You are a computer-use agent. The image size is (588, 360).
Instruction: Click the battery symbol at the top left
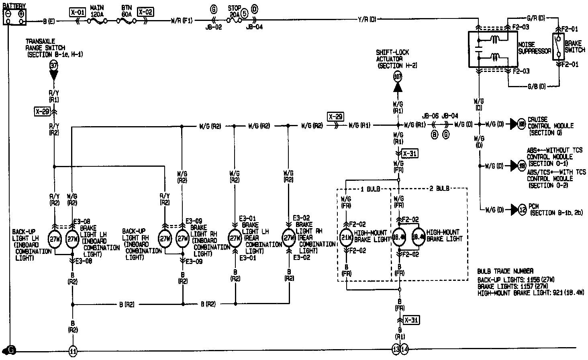(x=14, y=16)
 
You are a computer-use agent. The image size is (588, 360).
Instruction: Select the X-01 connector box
(x=77, y=12)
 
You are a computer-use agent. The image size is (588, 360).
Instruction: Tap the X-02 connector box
(x=145, y=12)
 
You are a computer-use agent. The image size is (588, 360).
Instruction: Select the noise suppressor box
(x=492, y=49)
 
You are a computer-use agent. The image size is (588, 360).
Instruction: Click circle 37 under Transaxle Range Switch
(x=53, y=65)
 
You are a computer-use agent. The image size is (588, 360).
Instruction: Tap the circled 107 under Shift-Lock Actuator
(x=398, y=76)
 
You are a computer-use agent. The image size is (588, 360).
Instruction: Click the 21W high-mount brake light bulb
(x=346, y=237)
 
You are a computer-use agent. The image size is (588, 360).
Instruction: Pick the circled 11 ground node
(x=73, y=351)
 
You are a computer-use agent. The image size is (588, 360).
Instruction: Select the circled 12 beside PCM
(x=522, y=209)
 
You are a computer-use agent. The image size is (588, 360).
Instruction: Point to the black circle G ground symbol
(x=10, y=350)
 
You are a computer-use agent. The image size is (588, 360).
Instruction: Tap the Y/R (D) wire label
(x=367, y=20)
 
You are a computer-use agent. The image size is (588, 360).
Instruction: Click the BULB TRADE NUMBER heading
(x=505, y=271)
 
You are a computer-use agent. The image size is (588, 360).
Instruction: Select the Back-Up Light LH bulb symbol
(x=54, y=239)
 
